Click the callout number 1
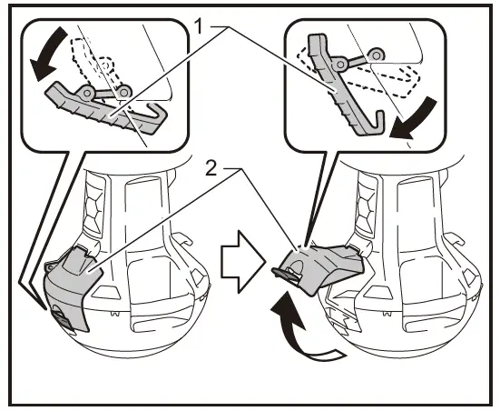tap(199, 26)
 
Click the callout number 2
tap(211, 168)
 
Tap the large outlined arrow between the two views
tap(243, 262)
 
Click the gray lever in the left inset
tap(105, 110)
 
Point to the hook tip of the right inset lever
tap(380, 114)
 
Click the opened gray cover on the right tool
tap(322, 266)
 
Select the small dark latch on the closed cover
tap(61, 318)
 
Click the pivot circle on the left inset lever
tap(86, 93)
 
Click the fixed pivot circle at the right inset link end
tap(377, 55)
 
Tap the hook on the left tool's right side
tap(183, 239)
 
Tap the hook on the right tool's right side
tap(455, 239)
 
